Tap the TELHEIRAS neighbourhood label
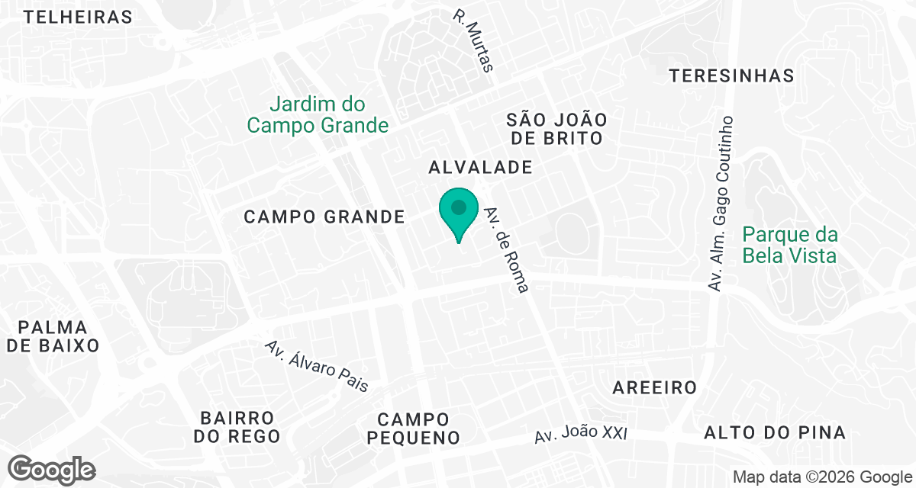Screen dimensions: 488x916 coord(78,17)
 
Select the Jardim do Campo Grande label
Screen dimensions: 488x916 coord(318,115)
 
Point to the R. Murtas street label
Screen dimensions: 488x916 coord(474,40)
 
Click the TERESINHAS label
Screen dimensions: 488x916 coord(731,75)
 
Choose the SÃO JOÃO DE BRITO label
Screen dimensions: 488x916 coord(556,129)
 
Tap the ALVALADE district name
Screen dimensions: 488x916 coord(480,168)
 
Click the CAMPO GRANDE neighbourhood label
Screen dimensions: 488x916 coord(324,217)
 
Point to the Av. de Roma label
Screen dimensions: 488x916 coord(507,251)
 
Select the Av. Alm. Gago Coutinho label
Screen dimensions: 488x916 coord(721,203)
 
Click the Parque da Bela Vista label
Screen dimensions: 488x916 coord(789,245)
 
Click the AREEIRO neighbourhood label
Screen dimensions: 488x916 coord(655,388)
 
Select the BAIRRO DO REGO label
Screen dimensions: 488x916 coord(237,427)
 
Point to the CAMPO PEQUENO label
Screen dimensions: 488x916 coord(413,429)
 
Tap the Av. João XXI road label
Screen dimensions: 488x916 coord(580,434)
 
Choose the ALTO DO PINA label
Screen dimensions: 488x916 coord(775,433)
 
